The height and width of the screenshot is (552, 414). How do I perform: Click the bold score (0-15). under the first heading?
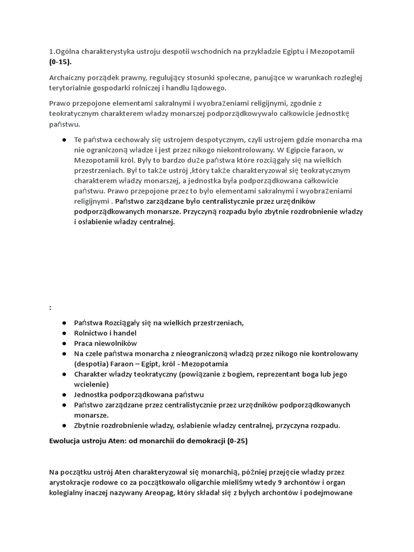tap(60, 62)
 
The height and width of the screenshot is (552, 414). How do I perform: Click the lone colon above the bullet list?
tap(50, 307)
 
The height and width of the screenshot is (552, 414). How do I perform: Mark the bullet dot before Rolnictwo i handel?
tap(64, 333)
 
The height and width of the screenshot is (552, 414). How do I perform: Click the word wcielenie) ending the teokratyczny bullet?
tap(91, 384)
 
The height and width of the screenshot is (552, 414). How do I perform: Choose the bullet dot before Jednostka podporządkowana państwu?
tap(64, 395)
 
